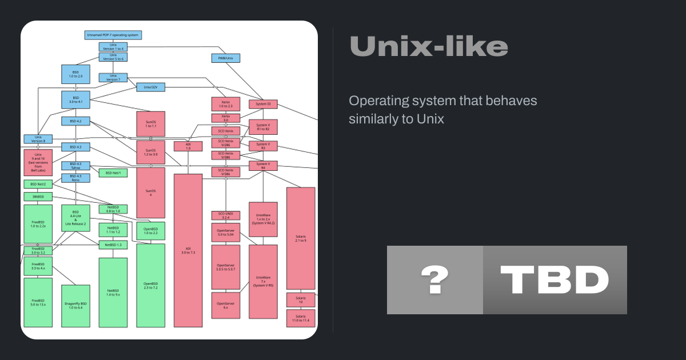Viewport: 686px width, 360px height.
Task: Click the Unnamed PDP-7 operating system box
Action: tap(113, 35)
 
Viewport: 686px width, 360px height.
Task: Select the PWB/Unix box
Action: tap(225, 58)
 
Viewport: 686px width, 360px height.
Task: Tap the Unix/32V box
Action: tap(151, 87)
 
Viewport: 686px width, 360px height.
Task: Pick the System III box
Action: tap(263, 104)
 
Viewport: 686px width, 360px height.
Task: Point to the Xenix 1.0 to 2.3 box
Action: tap(225, 104)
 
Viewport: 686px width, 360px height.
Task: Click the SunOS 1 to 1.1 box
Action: tap(151, 123)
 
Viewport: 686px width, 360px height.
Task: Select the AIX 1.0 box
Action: tap(188, 146)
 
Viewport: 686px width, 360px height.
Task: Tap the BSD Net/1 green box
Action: tap(113, 173)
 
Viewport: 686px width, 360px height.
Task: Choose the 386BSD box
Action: tap(38, 197)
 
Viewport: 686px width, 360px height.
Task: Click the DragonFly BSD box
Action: tap(76, 306)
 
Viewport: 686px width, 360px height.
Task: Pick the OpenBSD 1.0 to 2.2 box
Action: tap(151, 230)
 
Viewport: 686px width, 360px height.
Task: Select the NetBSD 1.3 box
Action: tap(113, 245)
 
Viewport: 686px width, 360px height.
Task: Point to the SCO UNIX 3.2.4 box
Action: tap(225, 215)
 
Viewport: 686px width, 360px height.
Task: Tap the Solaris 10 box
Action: tap(301, 300)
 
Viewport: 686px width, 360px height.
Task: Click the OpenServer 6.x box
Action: tap(225, 305)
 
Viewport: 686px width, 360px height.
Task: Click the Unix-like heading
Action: tap(428, 46)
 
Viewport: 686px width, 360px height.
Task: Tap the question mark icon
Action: tap(434, 280)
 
